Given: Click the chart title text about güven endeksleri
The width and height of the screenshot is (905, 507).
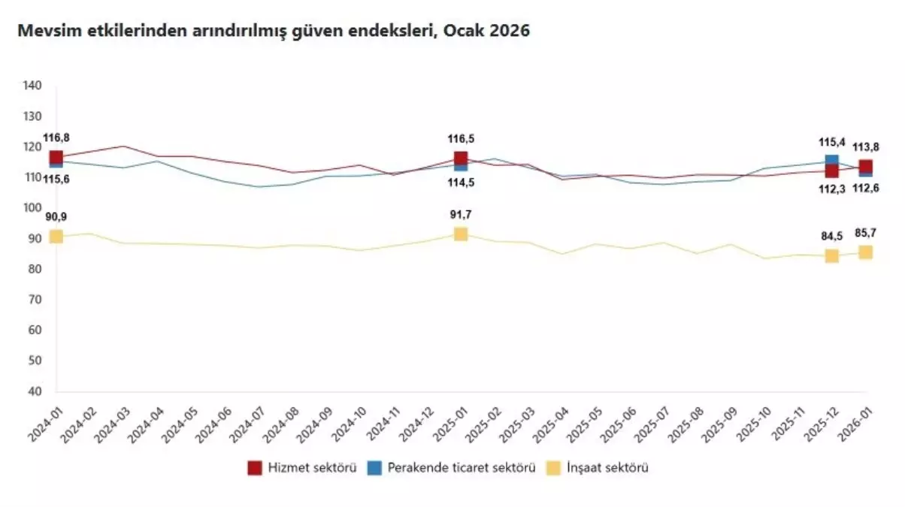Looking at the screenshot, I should [x=274, y=32].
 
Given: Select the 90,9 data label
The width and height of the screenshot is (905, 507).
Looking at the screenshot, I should [x=56, y=217].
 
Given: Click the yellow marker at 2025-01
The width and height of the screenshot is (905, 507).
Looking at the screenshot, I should [x=461, y=234].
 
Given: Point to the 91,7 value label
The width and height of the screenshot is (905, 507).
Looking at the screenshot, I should [x=461, y=215].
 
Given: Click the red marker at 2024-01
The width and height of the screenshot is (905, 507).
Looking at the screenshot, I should [x=56, y=158].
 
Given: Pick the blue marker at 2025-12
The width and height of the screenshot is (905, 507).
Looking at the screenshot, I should [x=831, y=161].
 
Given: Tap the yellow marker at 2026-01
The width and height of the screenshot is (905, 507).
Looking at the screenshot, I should [x=865, y=252].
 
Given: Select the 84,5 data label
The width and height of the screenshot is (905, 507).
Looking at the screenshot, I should [x=831, y=237].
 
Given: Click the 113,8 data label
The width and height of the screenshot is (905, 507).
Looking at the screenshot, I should [x=865, y=147].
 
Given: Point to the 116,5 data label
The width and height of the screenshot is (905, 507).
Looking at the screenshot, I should [x=461, y=139].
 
